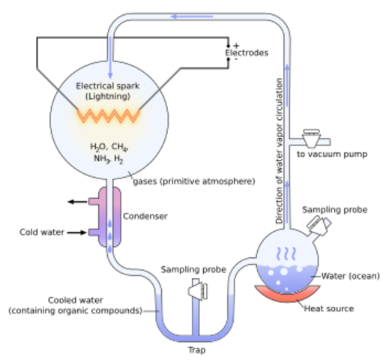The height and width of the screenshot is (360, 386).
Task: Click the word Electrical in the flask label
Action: pyautogui.click(x=95, y=86)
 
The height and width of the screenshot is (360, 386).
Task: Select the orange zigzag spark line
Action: pyautogui.click(x=109, y=115)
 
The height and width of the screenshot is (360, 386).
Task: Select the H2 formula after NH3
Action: pyautogui.click(x=120, y=160)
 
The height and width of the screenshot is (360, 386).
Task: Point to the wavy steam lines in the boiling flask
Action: pyautogui.click(x=287, y=253)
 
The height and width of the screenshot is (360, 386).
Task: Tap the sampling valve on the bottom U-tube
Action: pyautogui.click(x=197, y=289)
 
